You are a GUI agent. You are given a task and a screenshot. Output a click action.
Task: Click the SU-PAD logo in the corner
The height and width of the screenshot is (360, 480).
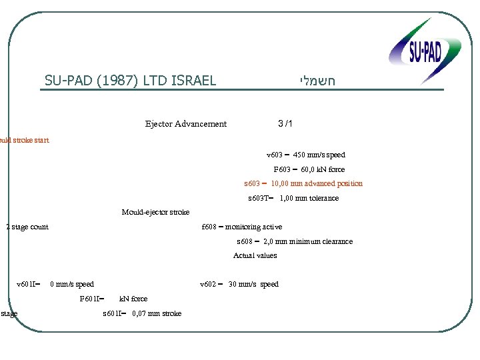(425, 50)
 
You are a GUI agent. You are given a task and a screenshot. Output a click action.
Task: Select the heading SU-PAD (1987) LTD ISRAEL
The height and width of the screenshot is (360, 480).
(131, 81)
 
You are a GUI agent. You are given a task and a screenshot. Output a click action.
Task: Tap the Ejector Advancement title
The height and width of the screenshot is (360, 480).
(186, 124)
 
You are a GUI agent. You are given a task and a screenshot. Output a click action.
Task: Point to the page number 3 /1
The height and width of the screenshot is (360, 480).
(285, 124)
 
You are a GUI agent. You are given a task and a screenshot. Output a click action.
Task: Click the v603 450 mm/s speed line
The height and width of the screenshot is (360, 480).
(306, 155)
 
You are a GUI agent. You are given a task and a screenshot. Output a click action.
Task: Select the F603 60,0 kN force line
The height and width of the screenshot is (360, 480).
(309, 169)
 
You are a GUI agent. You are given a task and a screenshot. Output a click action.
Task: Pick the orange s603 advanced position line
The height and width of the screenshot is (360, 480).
(303, 183)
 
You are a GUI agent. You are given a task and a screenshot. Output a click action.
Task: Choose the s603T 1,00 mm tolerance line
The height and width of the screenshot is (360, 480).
(293, 198)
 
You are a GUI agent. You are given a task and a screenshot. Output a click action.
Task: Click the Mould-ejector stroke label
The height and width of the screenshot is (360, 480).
(155, 212)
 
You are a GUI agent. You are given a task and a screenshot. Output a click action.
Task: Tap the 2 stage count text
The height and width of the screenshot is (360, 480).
(27, 227)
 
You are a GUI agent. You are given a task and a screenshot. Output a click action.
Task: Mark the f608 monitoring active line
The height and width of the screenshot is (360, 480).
(242, 227)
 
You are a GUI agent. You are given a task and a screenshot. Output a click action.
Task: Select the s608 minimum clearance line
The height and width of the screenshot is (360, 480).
(295, 241)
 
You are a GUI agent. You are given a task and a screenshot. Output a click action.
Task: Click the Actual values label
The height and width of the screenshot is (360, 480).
(255, 255)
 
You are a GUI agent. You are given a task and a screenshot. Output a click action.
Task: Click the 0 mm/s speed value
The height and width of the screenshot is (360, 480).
(72, 285)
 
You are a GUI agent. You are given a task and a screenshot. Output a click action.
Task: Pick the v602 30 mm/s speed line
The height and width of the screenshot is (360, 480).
(239, 285)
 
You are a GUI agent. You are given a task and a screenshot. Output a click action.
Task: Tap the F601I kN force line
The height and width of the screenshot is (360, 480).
(113, 299)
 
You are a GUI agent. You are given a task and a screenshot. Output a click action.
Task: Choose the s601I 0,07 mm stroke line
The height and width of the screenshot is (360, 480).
(142, 313)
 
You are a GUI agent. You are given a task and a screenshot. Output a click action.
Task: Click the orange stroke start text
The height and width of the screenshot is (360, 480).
(24, 140)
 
